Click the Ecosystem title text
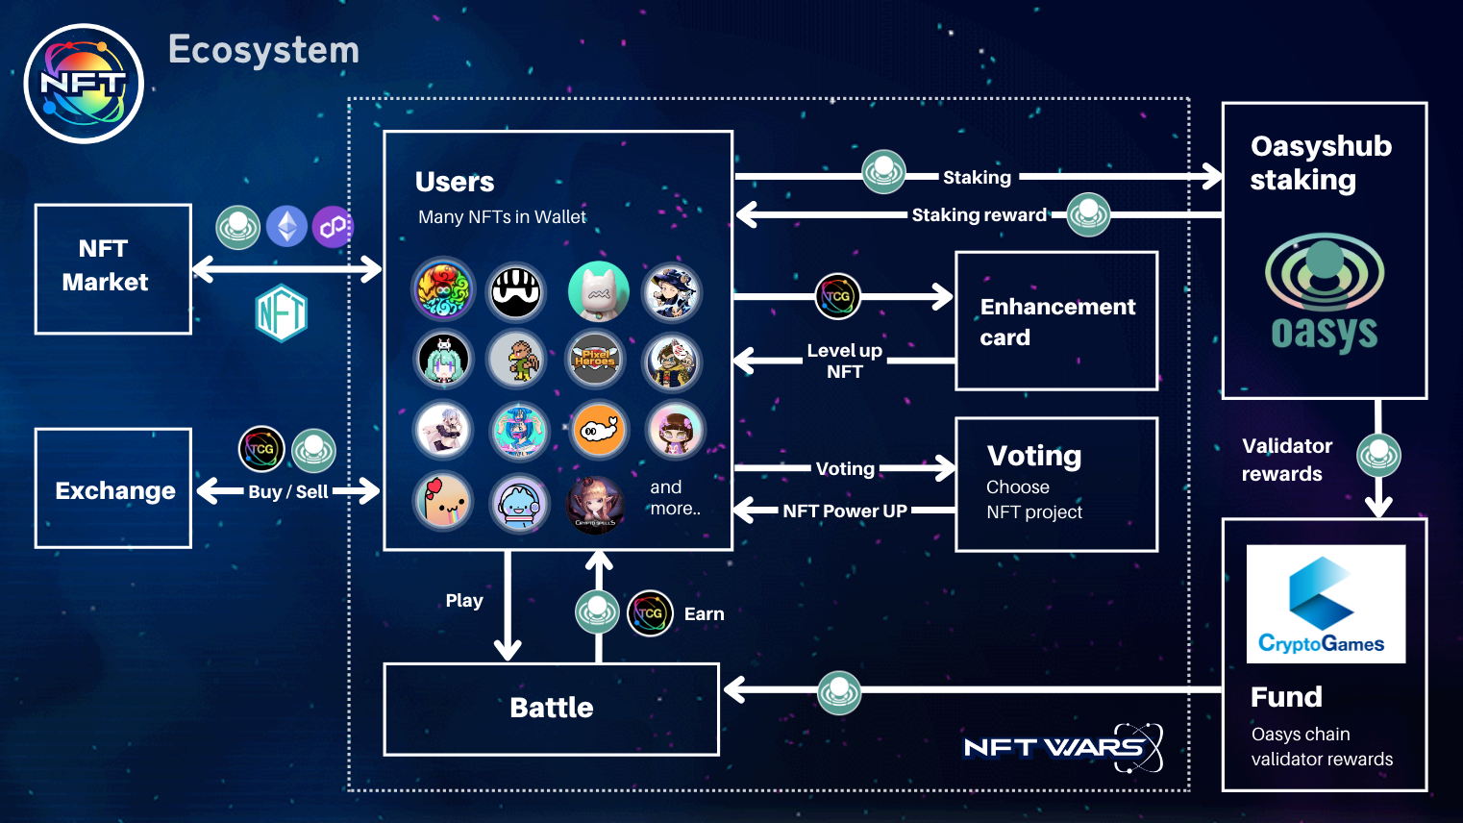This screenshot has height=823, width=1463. tap(263, 50)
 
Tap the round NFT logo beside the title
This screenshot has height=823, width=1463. tap(84, 84)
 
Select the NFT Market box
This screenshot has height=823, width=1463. tap(113, 268)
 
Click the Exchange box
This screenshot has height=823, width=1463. tap(113, 488)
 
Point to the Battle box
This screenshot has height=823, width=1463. tap(551, 709)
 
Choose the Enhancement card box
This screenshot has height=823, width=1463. tap(1056, 321)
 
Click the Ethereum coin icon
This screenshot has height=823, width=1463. tap(286, 227)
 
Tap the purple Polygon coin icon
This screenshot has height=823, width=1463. tap(333, 227)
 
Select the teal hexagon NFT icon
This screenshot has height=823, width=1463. tap(282, 313)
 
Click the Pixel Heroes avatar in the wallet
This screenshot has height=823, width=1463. tap(595, 360)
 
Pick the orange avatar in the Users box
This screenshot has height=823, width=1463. tap(599, 430)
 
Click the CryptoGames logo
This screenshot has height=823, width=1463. tap(1325, 604)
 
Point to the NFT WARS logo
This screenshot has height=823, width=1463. tap(1062, 747)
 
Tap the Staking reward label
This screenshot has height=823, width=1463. tap(979, 215)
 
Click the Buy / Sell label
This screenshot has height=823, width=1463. tap(288, 492)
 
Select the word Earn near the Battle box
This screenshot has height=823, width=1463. tap(704, 614)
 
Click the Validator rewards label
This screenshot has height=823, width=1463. tap(1286, 460)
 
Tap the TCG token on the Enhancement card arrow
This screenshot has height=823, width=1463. tap(837, 297)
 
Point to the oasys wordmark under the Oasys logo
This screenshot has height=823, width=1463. tap(1324, 334)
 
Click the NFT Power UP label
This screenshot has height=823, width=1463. tap(844, 511)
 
